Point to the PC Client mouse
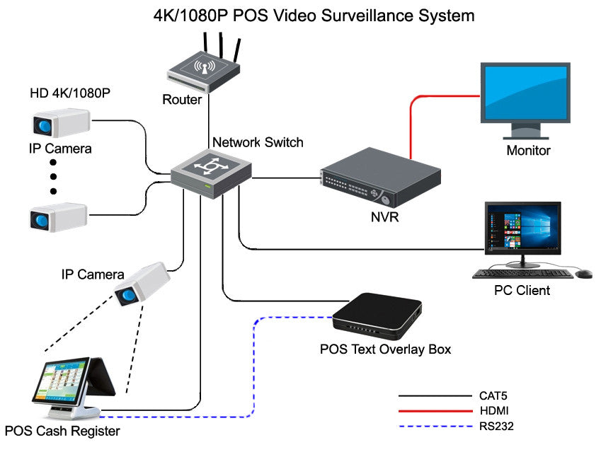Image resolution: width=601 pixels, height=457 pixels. (x=583, y=273)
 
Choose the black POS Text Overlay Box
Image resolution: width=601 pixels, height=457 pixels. (x=377, y=317)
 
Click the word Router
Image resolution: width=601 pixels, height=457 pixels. (x=183, y=100)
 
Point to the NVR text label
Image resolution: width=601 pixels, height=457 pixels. (x=385, y=217)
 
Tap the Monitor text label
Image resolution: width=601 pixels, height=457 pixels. (x=528, y=151)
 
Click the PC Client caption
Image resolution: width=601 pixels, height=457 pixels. (x=522, y=290)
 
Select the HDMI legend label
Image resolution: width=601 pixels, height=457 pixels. (x=493, y=411)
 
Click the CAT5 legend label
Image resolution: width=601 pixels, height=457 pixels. (x=493, y=396)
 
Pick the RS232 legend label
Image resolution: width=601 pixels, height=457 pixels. (x=496, y=426)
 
